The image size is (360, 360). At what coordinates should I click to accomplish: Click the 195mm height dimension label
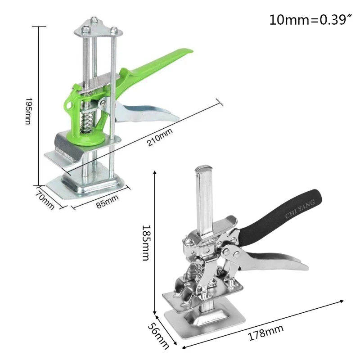click(x=28, y=111)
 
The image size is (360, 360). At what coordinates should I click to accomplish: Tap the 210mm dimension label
click(x=160, y=137)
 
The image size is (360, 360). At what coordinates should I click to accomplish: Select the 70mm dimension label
click(x=45, y=200)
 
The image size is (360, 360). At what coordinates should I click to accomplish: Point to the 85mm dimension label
click(x=108, y=202)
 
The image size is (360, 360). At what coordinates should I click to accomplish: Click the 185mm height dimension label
click(x=146, y=243)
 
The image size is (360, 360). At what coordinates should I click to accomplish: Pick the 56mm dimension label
click(x=158, y=336)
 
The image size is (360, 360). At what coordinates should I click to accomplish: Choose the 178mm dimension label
click(x=265, y=333)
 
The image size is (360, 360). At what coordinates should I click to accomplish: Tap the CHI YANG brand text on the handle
click(x=300, y=209)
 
